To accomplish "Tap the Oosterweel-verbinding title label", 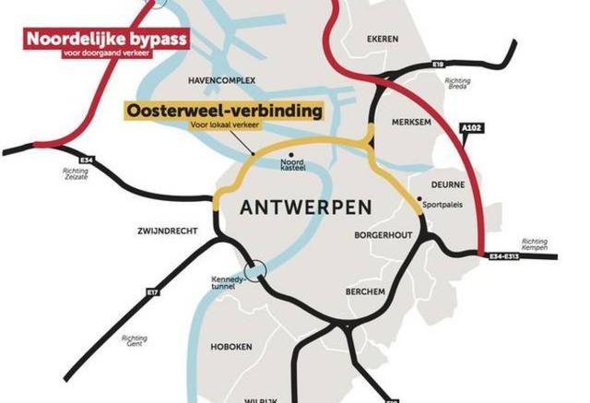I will coord(225,111).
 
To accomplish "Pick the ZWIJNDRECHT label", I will coord(170,231).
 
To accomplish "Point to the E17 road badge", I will coord(151,292).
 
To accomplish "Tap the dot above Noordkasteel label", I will coord(292,155).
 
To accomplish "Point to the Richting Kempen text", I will coord(534,244).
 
